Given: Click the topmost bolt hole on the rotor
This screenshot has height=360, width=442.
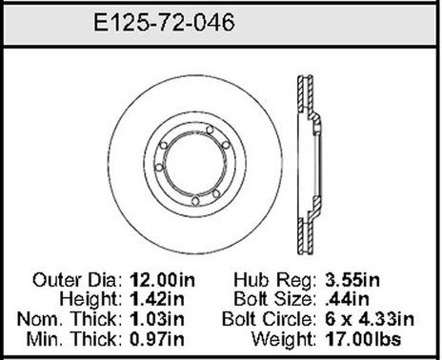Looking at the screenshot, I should pos(194,132).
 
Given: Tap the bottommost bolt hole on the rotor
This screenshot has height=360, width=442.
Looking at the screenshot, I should pos(194,202).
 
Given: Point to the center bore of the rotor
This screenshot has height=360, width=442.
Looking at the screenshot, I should pos(195,168).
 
